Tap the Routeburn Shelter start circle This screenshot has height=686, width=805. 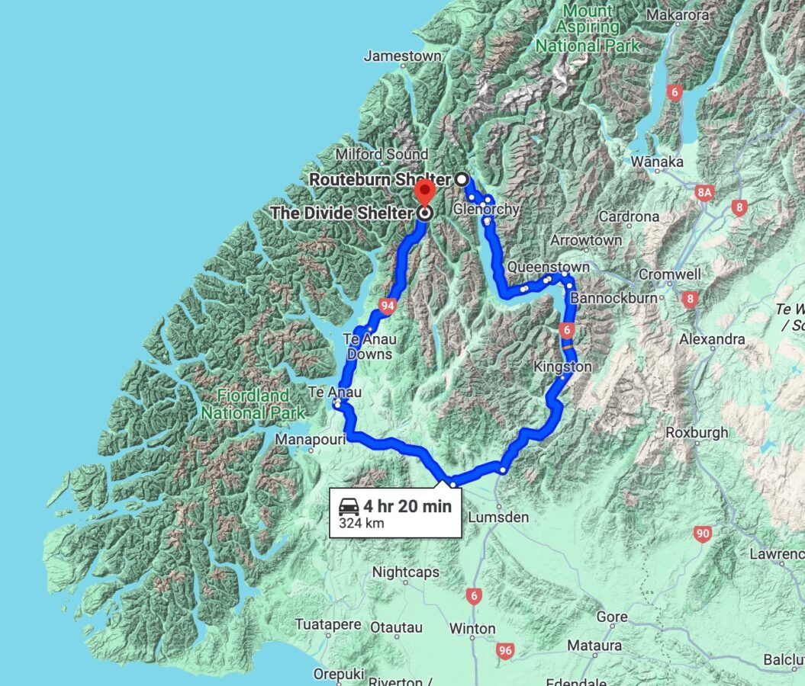click(x=462, y=179)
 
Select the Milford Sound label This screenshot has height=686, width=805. click(x=382, y=155)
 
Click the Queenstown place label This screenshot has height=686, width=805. click(x=548, y=268)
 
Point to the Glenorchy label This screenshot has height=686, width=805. click(x=486, y=209)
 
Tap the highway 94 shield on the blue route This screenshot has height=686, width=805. click(x=387, y=306)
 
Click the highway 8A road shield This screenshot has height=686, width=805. click(x=704, y=194)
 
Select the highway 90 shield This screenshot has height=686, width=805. click(x=703, y=534)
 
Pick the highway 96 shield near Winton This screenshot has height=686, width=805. click(x=504, y=651)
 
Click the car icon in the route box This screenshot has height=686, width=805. click(x=349, y=506)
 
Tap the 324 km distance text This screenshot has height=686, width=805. click(x=362, y=524)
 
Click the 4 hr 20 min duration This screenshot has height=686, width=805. click(x=407, y=506)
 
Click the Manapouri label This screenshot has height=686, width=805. click(x=306, y=440)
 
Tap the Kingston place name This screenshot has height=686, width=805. click(x=562, y=367)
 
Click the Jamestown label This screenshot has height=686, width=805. click(x=402, y=56)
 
